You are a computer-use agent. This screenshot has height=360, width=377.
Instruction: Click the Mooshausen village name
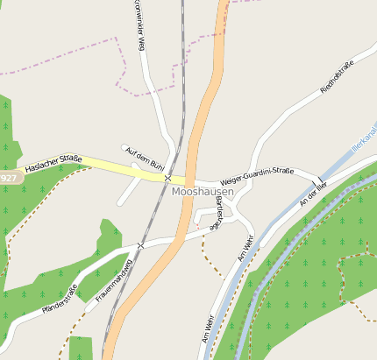pos(203,191)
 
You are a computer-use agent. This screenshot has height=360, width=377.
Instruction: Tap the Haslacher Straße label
pos(52,164)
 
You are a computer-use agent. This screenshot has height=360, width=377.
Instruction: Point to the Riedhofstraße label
pos(337,77)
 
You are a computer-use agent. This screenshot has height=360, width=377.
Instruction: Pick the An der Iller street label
pos(313,195)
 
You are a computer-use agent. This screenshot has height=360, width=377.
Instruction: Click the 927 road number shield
pos(8,178)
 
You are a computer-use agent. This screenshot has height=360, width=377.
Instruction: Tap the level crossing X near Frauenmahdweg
pos(139,245)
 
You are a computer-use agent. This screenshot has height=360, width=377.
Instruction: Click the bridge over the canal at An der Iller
pos(317,184)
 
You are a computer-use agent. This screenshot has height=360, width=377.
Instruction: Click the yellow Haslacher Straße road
pos(105,164)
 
